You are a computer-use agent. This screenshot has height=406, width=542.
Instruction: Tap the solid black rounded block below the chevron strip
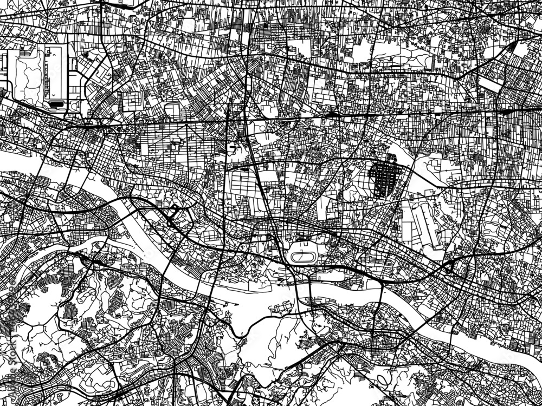click(56, 103)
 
